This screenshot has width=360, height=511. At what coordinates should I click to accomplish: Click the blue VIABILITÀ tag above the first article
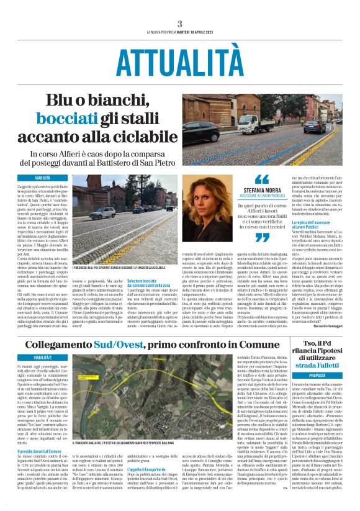coord(42,178)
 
